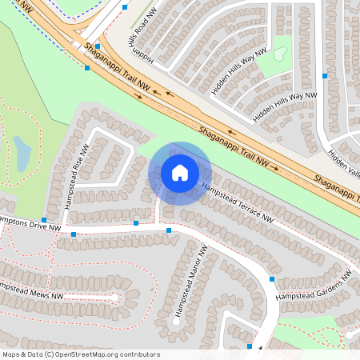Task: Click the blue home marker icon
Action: [x=180, y=173]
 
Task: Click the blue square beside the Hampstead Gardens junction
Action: [x=272, y=278]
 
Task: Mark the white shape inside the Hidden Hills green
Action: [x=280, y=54]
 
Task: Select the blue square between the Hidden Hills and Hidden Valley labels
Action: [x=325, y=76]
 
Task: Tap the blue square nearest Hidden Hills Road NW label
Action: [x=125, y=6]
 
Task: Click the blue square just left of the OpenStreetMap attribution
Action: [x=250, y=346]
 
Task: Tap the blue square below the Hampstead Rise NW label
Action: [x=74, y=234]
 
